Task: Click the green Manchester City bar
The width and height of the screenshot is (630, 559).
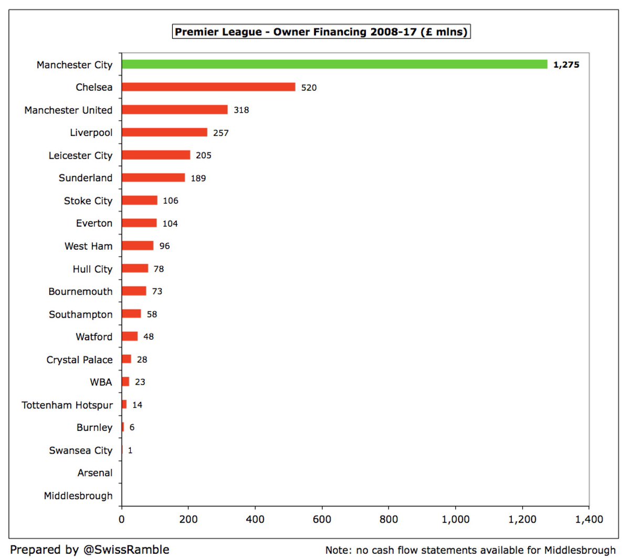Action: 334,65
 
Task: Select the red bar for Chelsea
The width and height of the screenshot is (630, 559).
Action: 208,87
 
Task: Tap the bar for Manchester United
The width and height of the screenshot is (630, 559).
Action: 175,110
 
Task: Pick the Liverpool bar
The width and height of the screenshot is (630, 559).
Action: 164,132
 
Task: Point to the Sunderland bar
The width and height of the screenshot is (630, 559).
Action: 153,178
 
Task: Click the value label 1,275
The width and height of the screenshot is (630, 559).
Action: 566,65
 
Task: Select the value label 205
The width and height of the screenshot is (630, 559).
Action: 203,155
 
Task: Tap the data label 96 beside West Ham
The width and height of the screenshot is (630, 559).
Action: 164,246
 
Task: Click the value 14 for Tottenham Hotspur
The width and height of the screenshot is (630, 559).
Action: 137,405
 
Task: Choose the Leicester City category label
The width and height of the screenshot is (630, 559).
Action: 80,155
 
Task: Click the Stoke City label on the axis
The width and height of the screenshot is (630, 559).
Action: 88,201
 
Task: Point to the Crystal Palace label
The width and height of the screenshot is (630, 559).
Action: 79,360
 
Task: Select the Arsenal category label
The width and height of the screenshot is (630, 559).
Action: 94,473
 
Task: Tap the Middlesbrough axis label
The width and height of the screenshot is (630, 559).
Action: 78,495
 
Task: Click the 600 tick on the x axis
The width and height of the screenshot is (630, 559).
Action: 322,519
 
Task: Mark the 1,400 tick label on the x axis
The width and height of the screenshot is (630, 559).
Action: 589,519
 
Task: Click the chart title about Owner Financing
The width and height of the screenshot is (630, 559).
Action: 321,31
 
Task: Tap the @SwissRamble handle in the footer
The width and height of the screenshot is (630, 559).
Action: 126,550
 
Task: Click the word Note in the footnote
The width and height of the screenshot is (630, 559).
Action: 337,550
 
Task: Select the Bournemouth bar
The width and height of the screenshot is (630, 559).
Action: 134,291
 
